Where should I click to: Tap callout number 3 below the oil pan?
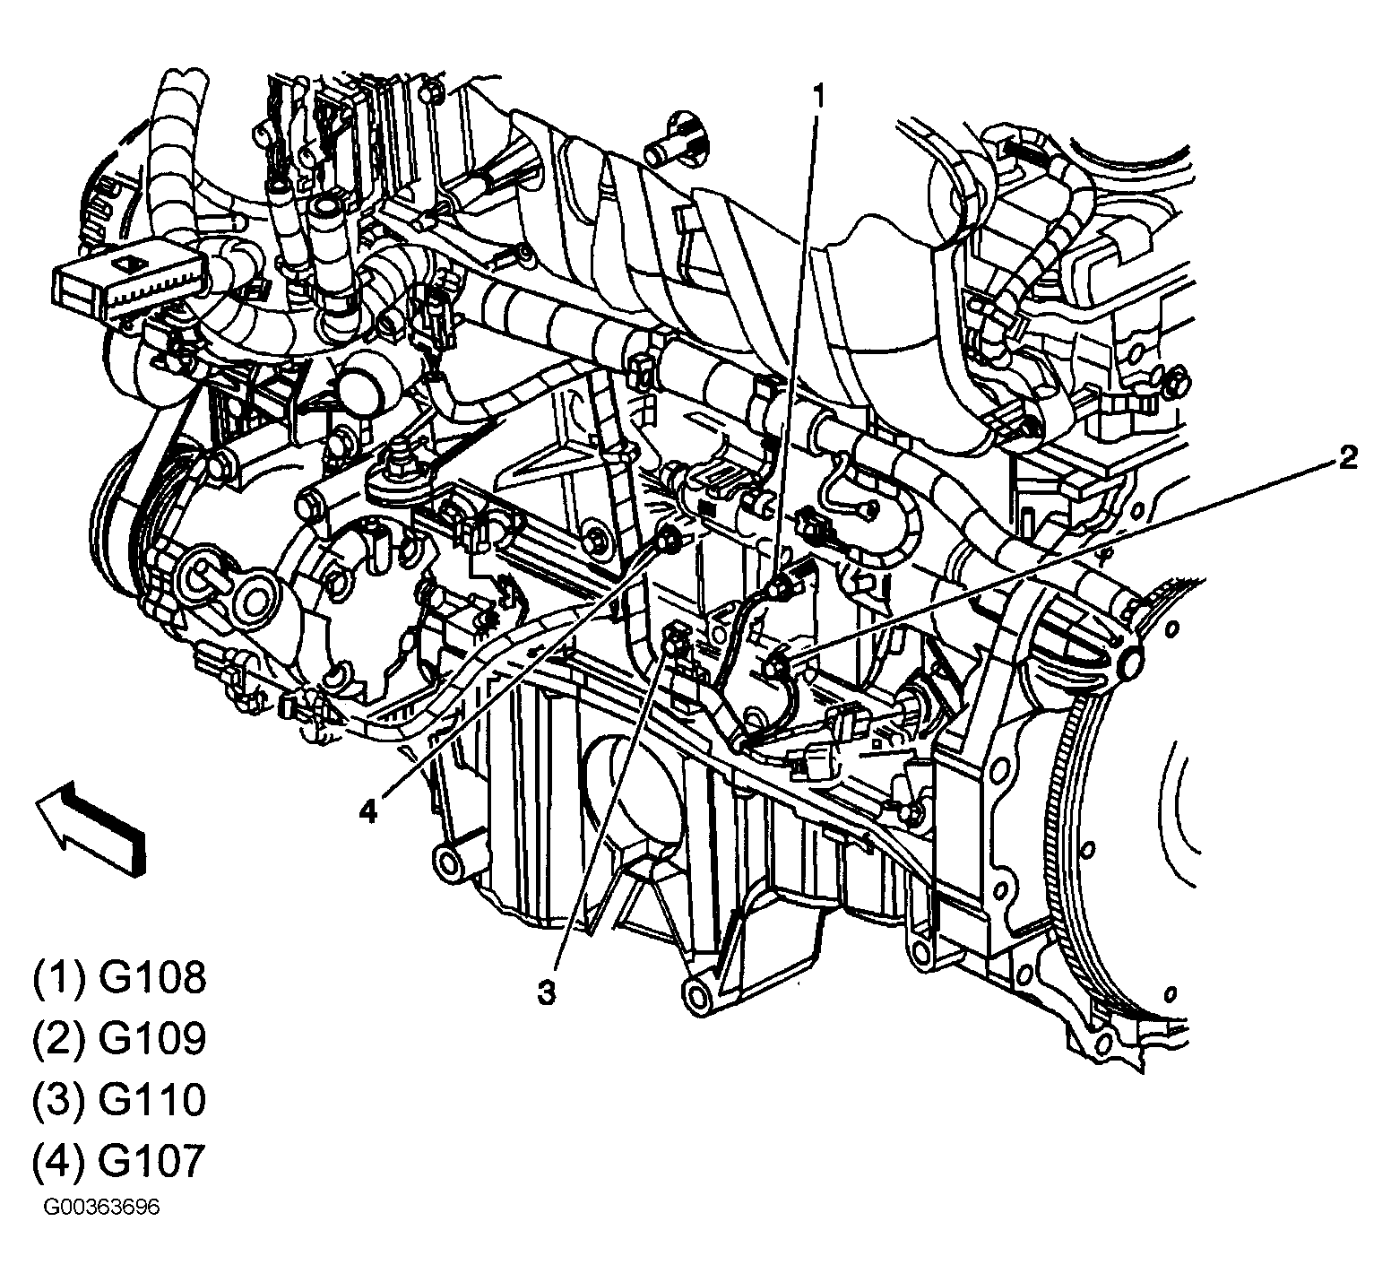[x=546, y=992]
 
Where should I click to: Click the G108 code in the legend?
[x=152, y=979]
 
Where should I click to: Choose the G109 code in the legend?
[x=152, y=1039]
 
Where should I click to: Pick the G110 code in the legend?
[x=152, y=1100]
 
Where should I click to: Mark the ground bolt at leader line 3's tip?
[x=674, y=638]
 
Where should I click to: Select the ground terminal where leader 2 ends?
[x=774, y=664]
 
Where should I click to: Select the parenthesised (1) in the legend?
[x=60, y=979]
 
